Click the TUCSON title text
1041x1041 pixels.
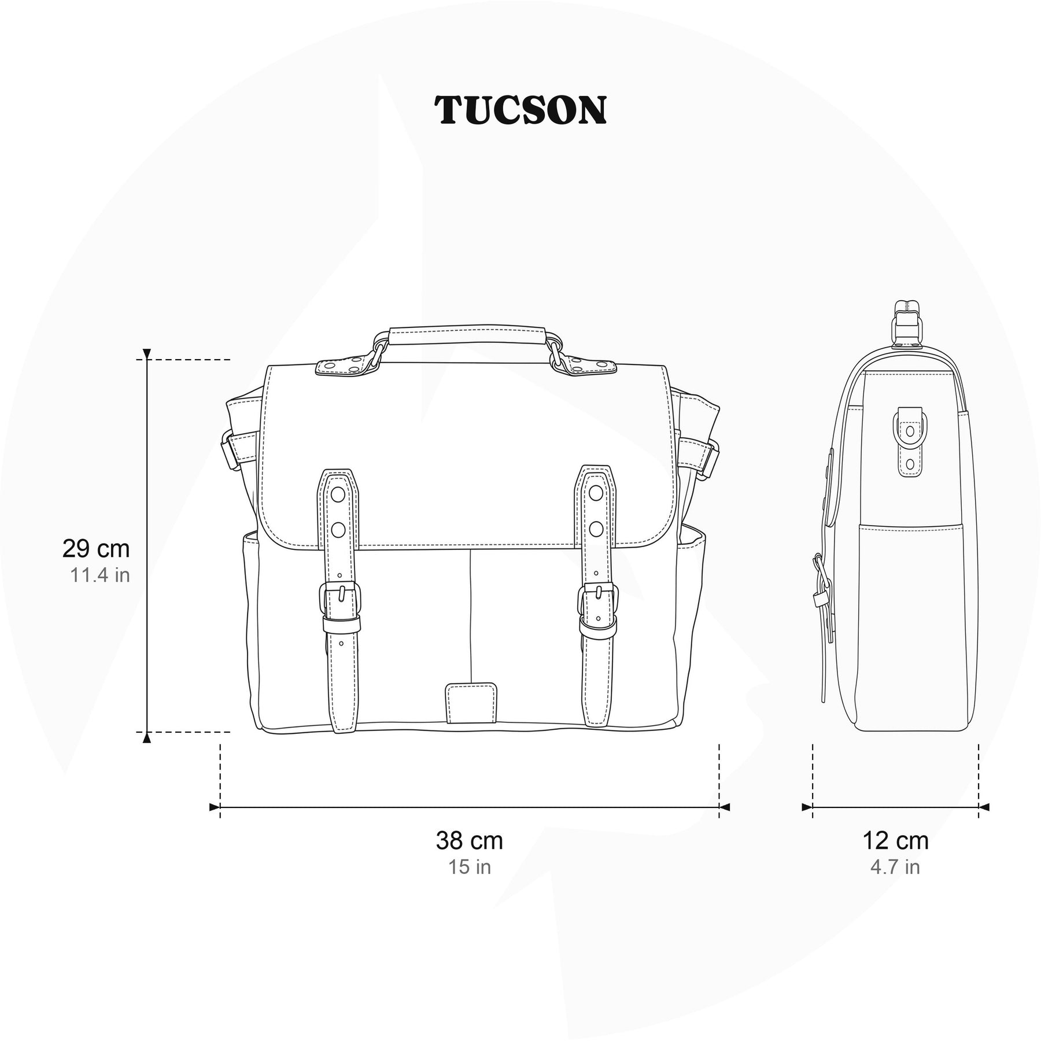click(520, 110)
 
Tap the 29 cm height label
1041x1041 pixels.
click(96, 549)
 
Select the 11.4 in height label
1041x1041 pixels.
click(100, 575)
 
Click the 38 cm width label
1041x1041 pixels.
click(469, 840)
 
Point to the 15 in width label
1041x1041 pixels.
click(469, 867)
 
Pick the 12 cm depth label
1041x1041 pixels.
click(895, 840)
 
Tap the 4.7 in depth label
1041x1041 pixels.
click(895, 867)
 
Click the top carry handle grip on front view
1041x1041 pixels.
click(469, 337)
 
